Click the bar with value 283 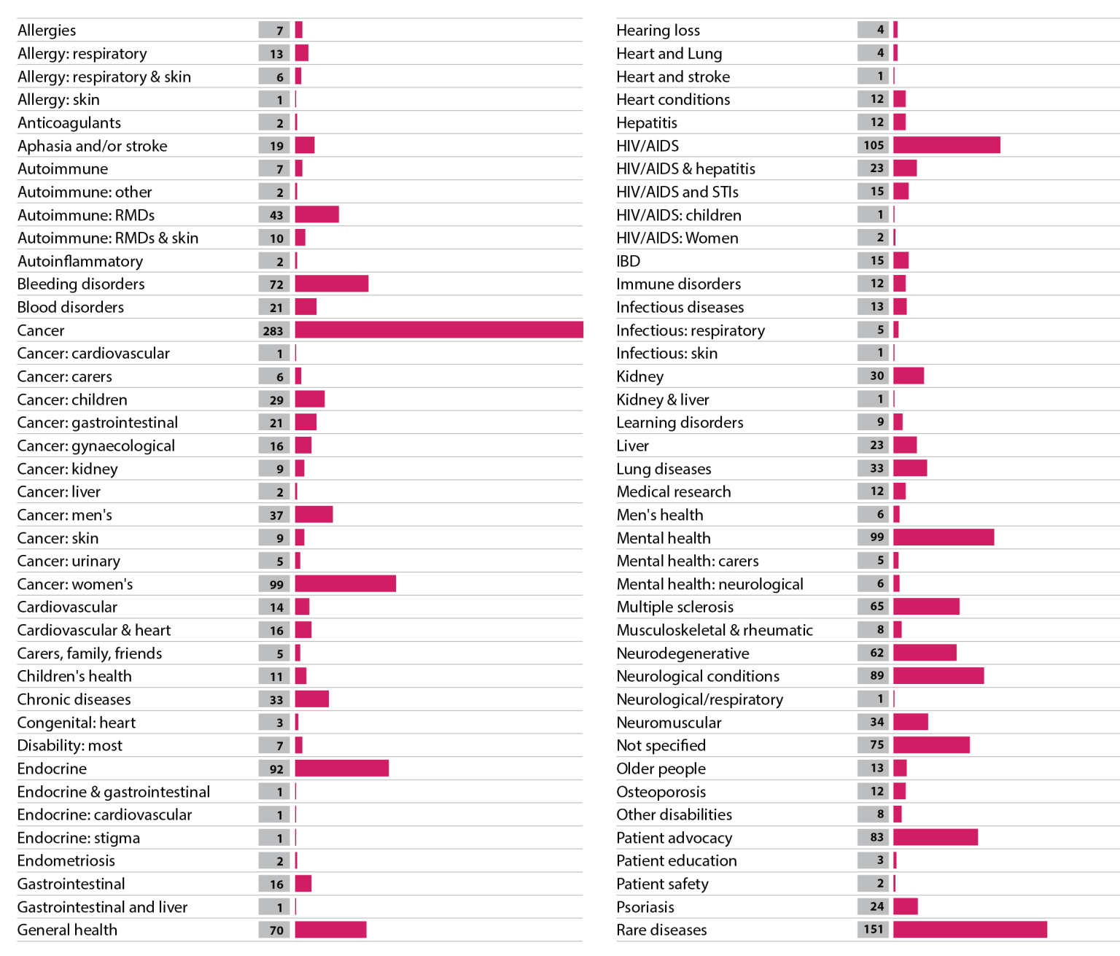439,330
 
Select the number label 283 274,330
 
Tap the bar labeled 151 970,930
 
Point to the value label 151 873,930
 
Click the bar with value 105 946,145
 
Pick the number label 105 873,145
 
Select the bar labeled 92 342,769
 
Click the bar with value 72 332,284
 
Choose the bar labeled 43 317,215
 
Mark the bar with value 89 938,676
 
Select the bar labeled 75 931,745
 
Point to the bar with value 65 926,607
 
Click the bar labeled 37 314,515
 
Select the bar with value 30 909,376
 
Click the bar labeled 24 906,906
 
